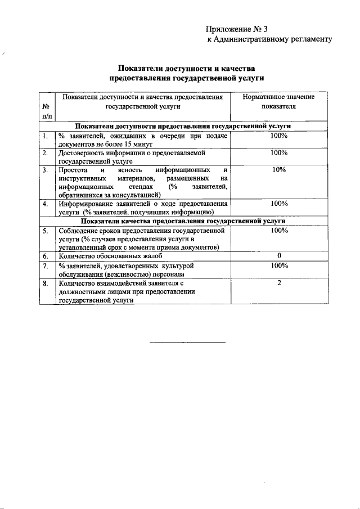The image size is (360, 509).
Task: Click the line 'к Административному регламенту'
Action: [269, 39]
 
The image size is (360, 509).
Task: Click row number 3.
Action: [45, 169]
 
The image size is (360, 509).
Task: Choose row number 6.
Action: [45, 256]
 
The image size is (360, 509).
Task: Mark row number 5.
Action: [45, 231]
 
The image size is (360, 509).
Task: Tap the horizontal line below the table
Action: [187, 342]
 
